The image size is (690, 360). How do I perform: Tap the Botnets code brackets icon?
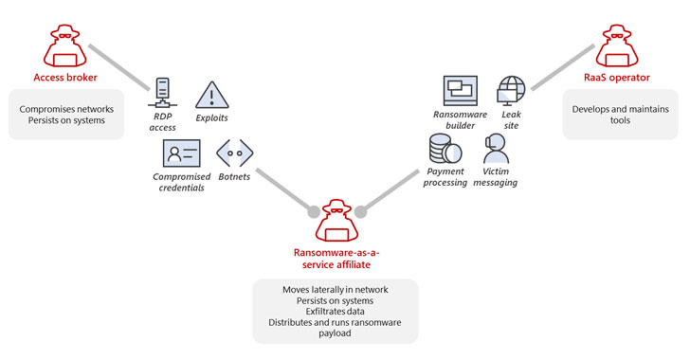pyautogui.click(x=234, y=153)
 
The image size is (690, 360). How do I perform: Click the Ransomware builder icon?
pyautogui.click(x=460, y=92)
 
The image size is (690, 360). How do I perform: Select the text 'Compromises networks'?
pyautogui.click(x=65, y=109)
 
